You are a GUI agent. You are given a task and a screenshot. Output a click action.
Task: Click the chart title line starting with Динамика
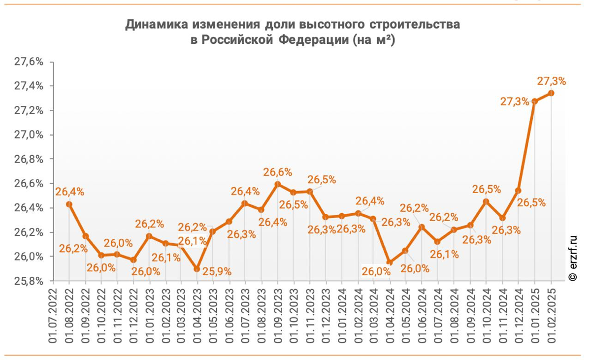pos(293,25)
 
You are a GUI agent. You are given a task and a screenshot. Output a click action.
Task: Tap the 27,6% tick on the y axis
pos(29,62)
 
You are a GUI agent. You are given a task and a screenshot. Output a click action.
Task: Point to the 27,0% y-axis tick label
pos(29,135)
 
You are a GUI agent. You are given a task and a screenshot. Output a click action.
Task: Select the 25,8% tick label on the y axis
pos(29,281)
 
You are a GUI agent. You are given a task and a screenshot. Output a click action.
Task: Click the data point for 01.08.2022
pos(69,204)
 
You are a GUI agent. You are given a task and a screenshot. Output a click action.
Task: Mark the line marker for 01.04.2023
pos(197,269)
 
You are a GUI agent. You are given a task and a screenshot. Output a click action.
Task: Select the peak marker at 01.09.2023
pos(278,184)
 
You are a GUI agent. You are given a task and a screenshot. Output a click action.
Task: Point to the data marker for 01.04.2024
pos(390,262)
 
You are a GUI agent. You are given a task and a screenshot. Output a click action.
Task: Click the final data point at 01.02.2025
pos(551,93)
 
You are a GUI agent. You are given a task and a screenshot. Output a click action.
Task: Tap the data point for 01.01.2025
pos(534,101)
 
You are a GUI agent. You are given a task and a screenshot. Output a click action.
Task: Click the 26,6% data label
pos(278,172)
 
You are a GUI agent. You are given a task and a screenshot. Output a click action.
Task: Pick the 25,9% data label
pos(217,271)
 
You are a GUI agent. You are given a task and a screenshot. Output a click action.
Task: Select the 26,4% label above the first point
pos(69,192)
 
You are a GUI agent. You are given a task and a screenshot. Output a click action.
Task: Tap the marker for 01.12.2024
pos(518,190)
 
